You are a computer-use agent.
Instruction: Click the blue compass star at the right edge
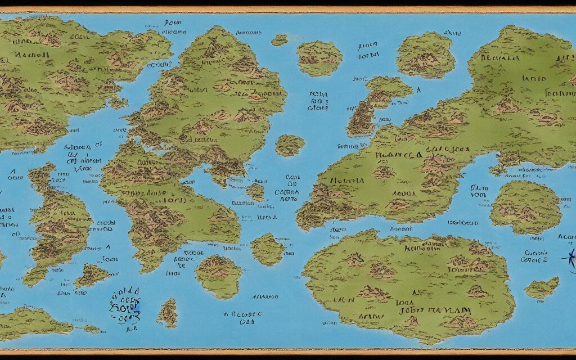tap(570, 258)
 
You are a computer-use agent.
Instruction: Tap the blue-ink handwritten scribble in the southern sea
tap(124, 304)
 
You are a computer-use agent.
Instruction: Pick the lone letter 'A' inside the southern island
tap(415, 291)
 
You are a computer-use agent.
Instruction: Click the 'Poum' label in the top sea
tap(173, 24)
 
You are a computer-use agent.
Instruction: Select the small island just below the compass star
tap(542, 287)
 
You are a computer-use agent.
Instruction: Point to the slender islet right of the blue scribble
tap(168, 313)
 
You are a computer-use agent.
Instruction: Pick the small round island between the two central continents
tap(290, 145)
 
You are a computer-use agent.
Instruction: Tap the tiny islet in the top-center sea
tap(280, 39)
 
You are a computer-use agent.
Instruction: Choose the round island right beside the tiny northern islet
tap(319, 58)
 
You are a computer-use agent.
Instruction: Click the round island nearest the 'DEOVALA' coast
tap(425, 55)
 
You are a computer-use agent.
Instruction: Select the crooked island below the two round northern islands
tap(374, 104)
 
